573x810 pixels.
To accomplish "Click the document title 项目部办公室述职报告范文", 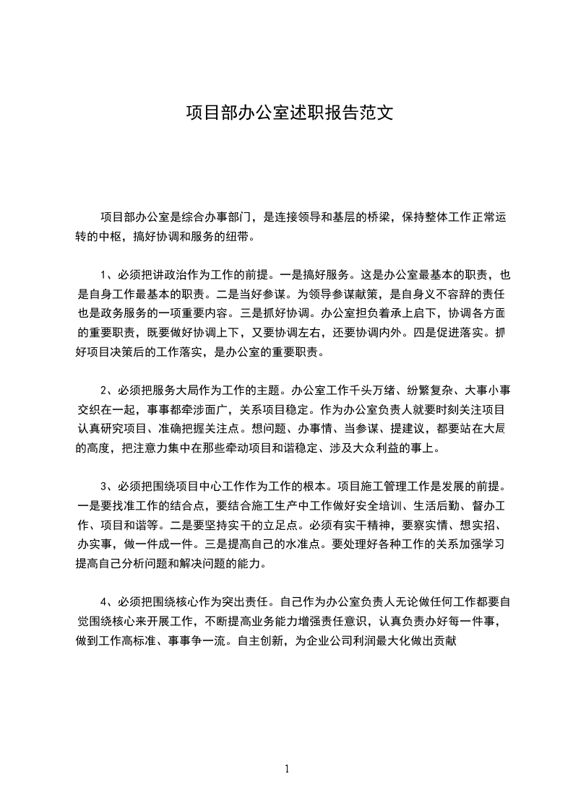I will [x=289, y=113].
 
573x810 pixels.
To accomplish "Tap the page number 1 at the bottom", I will [x=287, y=769].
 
